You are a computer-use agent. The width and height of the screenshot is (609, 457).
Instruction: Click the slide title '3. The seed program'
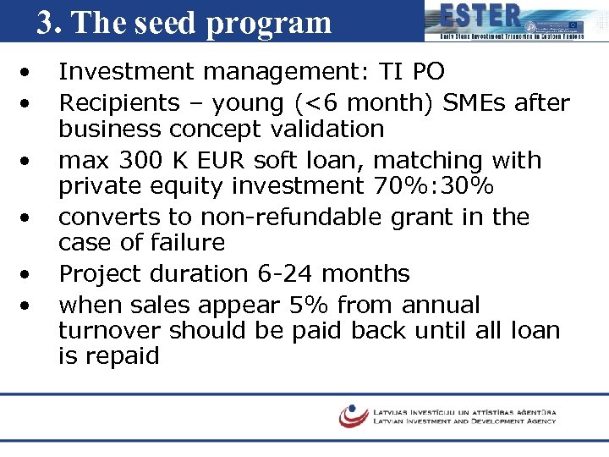[x=184, y=23]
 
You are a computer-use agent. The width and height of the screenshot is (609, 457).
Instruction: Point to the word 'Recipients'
[x=118, y=103]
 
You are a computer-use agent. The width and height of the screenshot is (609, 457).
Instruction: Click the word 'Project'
[x=102, y=274]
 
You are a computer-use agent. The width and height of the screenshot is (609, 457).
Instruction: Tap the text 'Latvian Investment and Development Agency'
[x=464, y=421]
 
